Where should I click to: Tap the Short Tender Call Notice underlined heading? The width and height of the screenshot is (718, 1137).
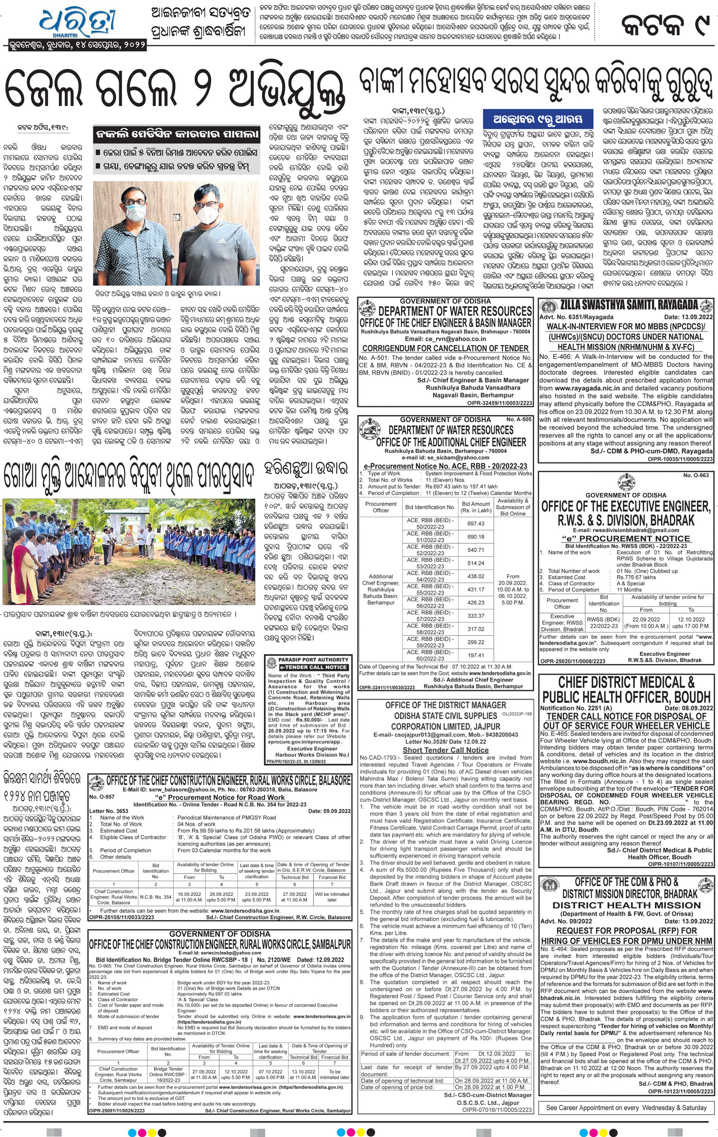[x=445, y=750]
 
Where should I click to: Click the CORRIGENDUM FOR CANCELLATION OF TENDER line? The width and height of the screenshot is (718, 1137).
[x=445, y=348]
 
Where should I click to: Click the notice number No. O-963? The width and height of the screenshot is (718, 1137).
[x=696, y=475]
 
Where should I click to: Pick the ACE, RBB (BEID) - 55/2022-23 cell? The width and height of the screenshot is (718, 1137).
[x=430, y=590]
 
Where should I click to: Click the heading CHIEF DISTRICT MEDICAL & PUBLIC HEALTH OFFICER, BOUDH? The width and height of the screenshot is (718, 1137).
[x=626, y=689]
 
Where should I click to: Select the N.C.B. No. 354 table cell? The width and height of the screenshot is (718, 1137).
[x=156, y=897]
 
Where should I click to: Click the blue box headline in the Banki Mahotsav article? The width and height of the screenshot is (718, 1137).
[x=533, y=119]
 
